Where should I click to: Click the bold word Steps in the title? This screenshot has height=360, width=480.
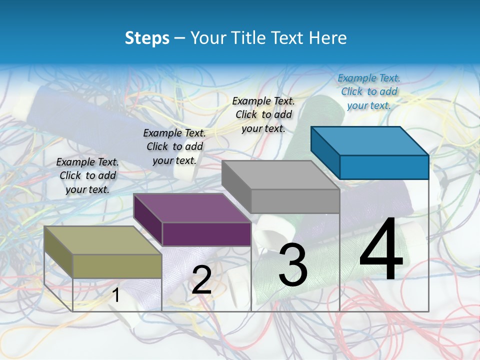point(146,38)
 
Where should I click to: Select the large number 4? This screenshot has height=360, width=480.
point(381,250)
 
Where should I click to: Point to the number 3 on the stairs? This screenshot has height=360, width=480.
point(293,265)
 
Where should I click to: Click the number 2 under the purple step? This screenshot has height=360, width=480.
point(201,280)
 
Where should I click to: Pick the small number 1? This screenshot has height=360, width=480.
point(116,295)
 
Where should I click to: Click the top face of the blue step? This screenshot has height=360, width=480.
point(370,140)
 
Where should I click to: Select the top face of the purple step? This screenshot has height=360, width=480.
point(192,208)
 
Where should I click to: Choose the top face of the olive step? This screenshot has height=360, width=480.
point(103,240)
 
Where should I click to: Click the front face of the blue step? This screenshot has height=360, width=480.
point(384,167)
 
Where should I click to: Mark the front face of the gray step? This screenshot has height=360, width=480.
point(295,201)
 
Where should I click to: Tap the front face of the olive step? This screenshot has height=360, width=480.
point(117,266)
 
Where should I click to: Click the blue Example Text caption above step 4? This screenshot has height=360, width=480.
point(369,91)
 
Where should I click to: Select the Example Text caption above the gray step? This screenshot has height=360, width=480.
point(263,114)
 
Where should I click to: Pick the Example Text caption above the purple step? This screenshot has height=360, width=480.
point(174,146)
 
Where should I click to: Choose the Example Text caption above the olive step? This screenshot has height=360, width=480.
point(87,175)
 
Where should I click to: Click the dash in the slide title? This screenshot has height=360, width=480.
point(179,38)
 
